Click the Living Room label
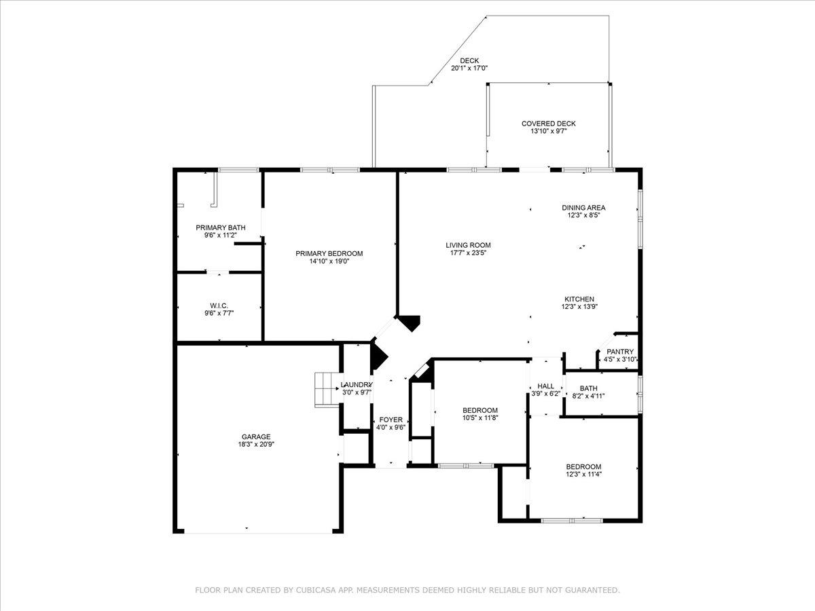(468, 245)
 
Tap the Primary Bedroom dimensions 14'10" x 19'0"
(329, 261)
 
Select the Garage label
(256, 437)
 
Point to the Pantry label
(620, 352)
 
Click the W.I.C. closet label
(219, 305)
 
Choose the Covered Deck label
(548, 124)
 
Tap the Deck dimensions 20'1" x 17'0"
(469, 68)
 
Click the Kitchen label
(579, 299)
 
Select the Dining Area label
(583, 208)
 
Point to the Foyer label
(391, 420)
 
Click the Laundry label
(357, 384)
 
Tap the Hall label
(545, 386)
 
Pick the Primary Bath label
(221, 227)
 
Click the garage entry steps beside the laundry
(326, 389)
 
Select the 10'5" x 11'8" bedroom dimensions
(480, 418)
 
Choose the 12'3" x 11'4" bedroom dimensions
(583, 475)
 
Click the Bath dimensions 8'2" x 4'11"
(588, 396)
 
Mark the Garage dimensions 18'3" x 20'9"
(256, 445)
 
